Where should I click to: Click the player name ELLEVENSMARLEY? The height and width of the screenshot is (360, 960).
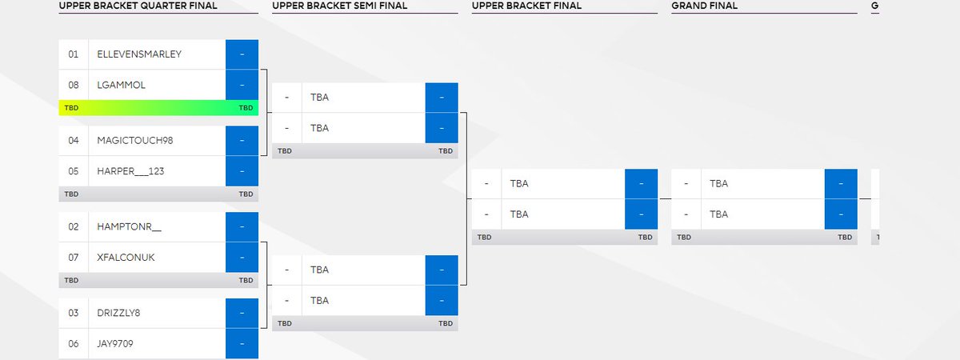[139, 54]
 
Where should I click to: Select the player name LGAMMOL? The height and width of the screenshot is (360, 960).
[121, 85]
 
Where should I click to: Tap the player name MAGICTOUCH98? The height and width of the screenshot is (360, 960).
[134, 141]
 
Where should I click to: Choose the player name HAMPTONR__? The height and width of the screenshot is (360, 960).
[129, 227]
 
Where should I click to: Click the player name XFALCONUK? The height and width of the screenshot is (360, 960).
[126, 258]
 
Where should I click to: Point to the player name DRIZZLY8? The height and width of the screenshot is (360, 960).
[118, 313]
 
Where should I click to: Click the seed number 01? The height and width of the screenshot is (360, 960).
[74, 54]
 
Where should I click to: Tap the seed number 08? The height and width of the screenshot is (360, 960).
[74, 85]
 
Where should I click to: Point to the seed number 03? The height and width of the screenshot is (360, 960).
[74, 313]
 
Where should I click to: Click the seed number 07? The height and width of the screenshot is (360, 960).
[74, 258]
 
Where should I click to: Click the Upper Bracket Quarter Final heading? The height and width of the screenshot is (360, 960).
[138, 6]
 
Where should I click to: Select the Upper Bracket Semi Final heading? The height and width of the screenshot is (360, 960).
[339, 6]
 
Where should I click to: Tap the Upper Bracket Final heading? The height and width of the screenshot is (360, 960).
[526, 6]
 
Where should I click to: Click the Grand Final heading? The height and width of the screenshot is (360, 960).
[705, 6]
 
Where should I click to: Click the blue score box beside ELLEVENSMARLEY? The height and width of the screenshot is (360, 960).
[242, 54]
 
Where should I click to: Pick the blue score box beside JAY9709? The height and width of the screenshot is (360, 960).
[242, 343]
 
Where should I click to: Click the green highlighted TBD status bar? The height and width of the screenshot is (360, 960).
[158, 107]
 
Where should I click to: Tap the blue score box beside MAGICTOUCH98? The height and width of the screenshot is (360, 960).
[242, 141]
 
